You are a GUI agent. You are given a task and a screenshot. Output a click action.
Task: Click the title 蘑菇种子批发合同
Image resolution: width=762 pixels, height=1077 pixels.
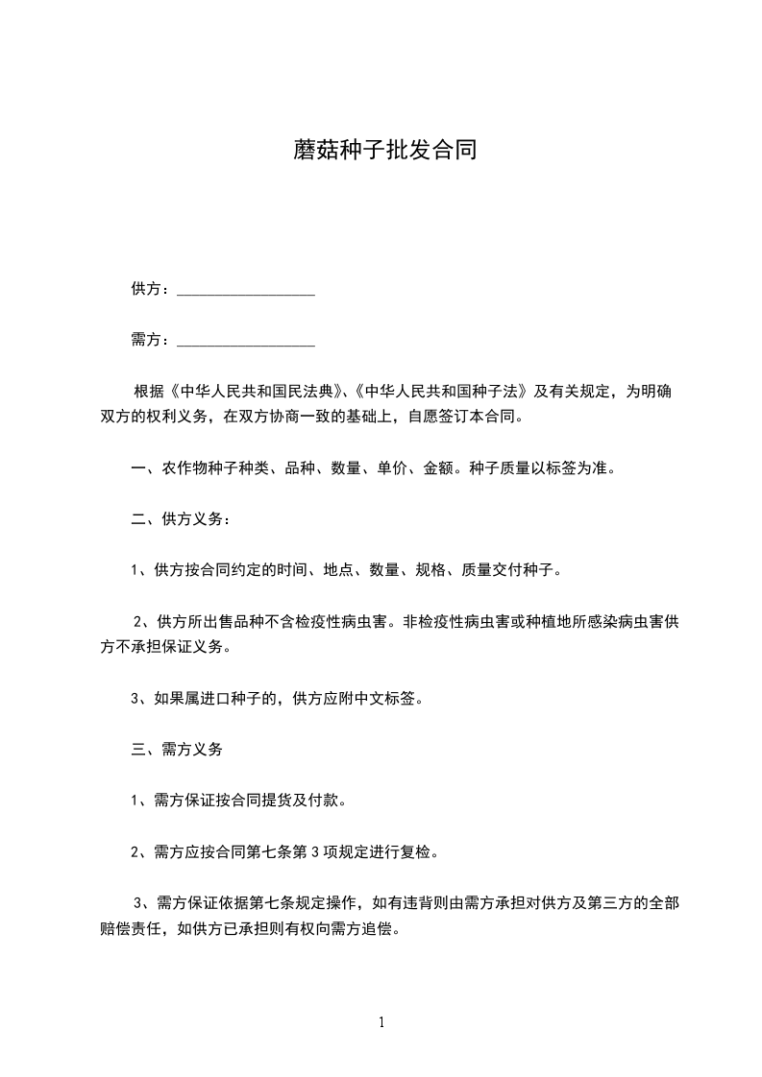pos(384,152)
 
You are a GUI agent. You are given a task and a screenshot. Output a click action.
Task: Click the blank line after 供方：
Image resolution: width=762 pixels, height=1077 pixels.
pos(246,289)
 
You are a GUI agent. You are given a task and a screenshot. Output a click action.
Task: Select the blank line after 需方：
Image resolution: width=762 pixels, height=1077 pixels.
pos(246,340)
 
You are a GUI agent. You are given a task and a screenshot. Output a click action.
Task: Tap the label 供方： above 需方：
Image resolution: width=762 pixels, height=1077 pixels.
pos(152,289)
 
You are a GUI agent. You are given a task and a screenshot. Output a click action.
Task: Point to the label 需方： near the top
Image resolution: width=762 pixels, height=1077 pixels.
pos(152,340)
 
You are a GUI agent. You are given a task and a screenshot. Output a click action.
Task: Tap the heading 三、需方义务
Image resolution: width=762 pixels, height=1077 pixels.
pos(177,750)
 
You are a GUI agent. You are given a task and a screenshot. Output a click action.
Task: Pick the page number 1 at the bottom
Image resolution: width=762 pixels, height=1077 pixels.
pos(381,1022)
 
